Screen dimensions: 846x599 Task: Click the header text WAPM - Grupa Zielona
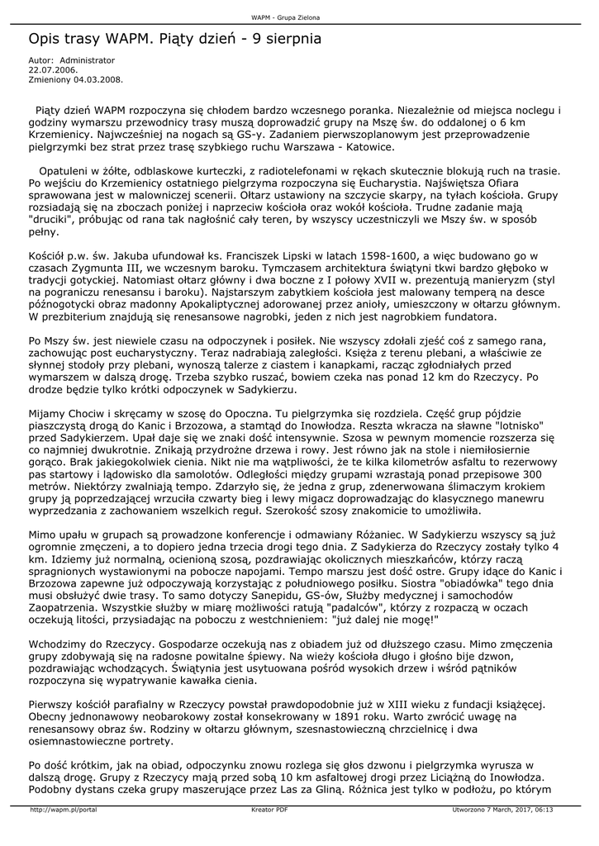pos(285,17)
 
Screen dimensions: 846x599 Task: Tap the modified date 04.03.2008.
pos(97,80)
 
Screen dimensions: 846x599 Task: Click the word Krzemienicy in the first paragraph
pos(58,135)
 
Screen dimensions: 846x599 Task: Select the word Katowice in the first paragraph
pos(367,147)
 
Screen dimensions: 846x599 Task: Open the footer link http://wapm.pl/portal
pos(64,810)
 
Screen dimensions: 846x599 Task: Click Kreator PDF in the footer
pos(269,810)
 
